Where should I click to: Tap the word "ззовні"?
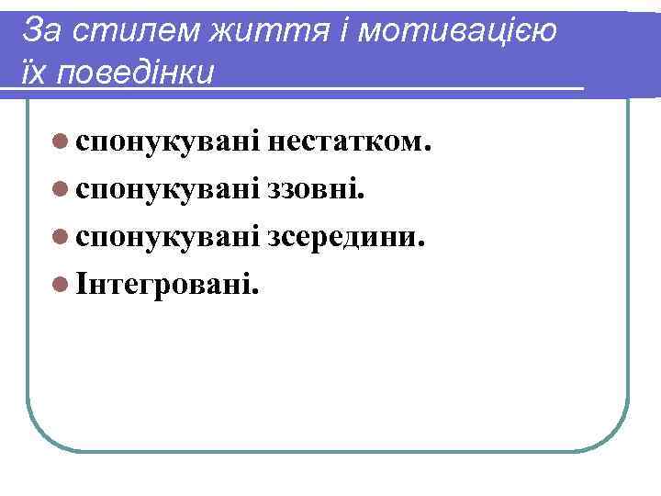[x=313, y=189]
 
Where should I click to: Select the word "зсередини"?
[x=343, y=237]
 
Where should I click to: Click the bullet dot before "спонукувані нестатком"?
[x=60, y=142]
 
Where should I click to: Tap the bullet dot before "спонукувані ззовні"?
[x=60, y=190]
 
